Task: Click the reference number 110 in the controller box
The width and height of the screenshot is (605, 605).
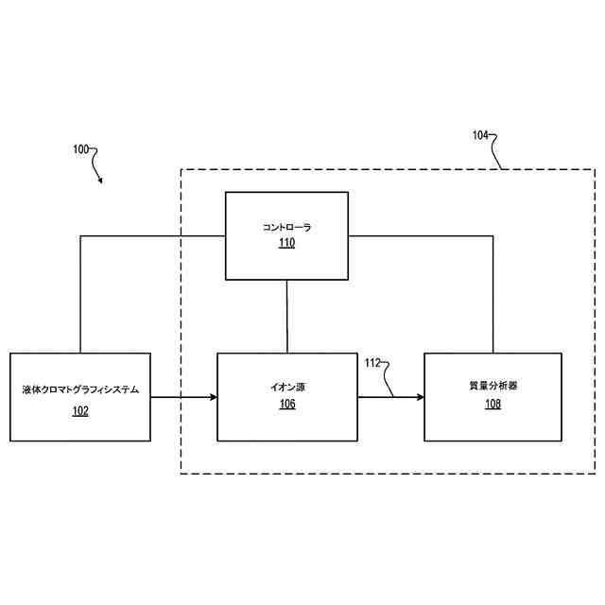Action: coord(286,243)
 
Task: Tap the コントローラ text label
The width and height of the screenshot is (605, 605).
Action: coord(286,228)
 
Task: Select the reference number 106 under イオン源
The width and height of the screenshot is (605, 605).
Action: coord(286,404)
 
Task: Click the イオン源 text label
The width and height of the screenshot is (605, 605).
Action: coord(286,388)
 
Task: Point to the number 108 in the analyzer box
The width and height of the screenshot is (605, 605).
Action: coord(493,404)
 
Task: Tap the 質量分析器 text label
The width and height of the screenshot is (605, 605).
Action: coord(493,387)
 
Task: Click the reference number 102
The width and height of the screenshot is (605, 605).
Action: coord(80,410)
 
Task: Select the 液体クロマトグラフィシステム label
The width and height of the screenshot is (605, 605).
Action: coord(80,389)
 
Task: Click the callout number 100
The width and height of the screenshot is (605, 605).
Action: coord(80,149)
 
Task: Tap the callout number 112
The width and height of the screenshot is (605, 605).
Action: coord(372,363)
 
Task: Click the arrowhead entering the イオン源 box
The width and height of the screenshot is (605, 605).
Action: coord(213,397)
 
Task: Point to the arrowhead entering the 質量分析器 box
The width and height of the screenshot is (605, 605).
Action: coord(419,397)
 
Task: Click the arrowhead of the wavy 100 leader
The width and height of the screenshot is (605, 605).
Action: coord(100,181)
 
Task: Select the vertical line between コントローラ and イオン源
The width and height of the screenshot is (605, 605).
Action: coord(286,316)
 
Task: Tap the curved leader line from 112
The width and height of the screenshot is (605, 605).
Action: coord(388,378)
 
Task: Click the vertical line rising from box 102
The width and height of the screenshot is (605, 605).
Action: coord(80,293)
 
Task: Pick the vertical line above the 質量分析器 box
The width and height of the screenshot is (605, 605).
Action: coord(493,293)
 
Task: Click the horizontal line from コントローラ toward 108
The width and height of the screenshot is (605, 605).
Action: coord(421,236)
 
